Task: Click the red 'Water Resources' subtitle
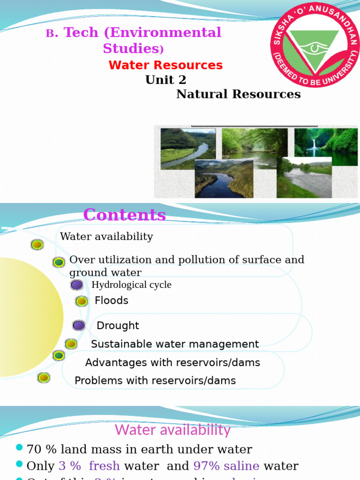[x=165, y=65]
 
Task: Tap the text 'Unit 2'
[x=165, y=80]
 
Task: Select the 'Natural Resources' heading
[x=238, y=94]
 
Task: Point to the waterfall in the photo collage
[x=313, y=146]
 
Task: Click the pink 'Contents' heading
[x=124, y=215]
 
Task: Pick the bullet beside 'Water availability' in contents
[x=37, y=245]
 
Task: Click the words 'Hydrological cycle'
[x=131, y=285]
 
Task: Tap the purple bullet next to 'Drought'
[x=79, y=325]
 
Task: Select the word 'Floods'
[x=112, y=300]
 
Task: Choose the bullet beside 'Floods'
[x=82, y=301]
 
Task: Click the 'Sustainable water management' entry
[x=174, y=344]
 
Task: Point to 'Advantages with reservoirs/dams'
[x=172, y=363]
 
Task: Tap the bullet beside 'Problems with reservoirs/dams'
[x=44, y=377]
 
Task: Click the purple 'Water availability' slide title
[x=172, y=430]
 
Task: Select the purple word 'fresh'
[x=104, y=466]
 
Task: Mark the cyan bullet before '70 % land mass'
[x=19, y=448]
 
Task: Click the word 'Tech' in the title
[x=81, y=33]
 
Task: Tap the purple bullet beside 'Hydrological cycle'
[x=77, y=285]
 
